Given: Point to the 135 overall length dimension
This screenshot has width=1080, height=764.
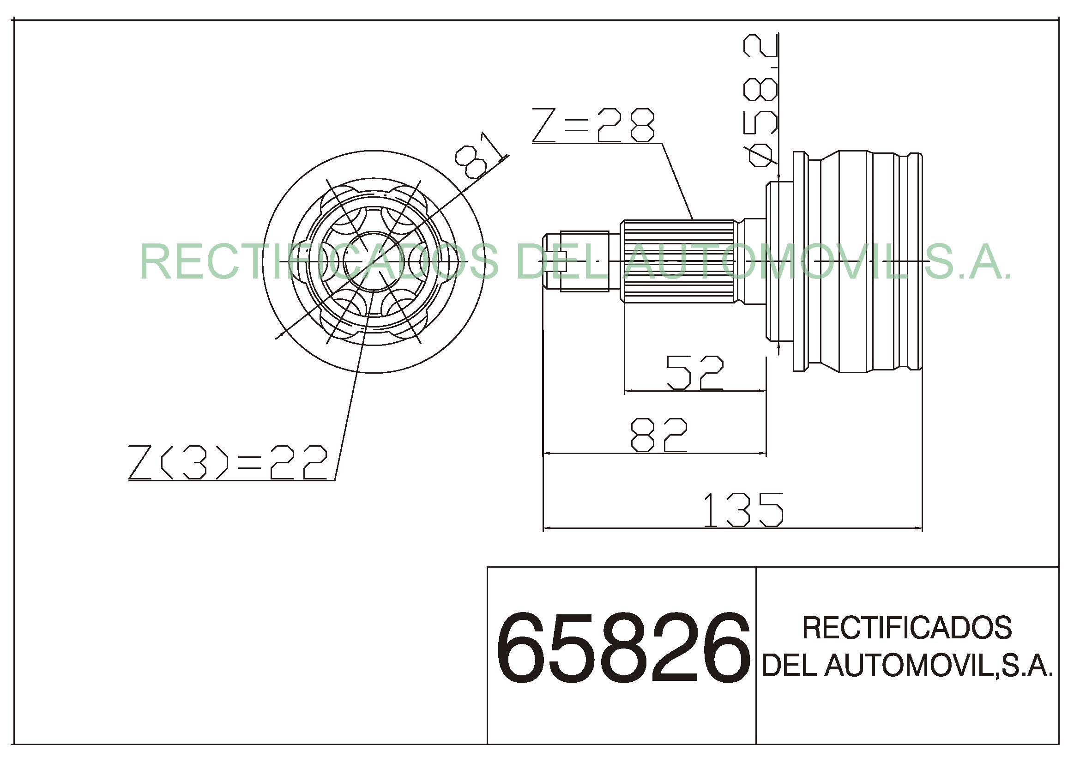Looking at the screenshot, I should click(743, 510).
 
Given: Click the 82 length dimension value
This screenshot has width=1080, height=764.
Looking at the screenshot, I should click(658, 435).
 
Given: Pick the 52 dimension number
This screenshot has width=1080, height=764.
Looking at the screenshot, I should click(695, 373).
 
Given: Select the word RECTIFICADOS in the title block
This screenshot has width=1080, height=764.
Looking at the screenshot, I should click(907, 628).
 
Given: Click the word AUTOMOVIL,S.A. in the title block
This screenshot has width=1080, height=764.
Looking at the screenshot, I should click(938, 666).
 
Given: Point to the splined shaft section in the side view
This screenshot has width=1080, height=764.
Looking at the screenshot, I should click(678, 261).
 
